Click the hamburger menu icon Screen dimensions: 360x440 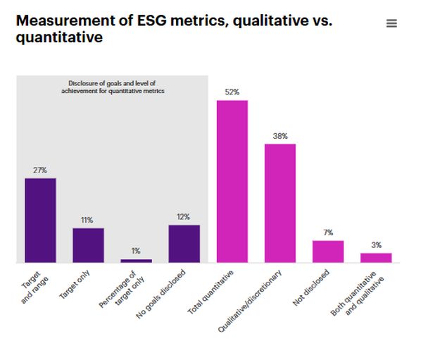[392, 23]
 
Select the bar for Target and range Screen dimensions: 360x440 [40, 221]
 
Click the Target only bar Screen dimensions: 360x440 [88, 245]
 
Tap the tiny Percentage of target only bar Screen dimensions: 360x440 [136, 261]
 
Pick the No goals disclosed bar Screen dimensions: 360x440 [184, 244]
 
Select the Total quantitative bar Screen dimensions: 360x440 [232, 182]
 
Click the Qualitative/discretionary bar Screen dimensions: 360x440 [280, 204]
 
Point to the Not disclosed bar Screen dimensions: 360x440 [328, 252]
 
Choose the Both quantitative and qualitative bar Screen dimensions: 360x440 [376, 258]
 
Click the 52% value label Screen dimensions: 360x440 [232, 92]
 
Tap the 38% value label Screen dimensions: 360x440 [280, 136]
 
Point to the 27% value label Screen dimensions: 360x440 [40, 170]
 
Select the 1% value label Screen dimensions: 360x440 [136, 251]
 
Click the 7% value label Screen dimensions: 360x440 [328, 232]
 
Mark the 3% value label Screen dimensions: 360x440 [376, 245]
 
